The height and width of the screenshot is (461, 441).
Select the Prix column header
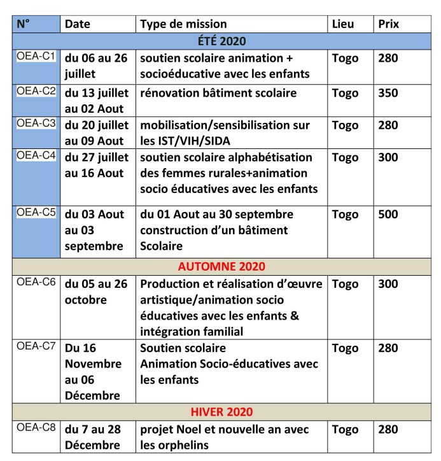tap(389, 24)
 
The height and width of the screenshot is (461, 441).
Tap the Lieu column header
tap(344, 24)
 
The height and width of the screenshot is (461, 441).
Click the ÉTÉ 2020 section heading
tap(221, 41)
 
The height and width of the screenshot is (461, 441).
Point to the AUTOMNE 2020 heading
tap(221, 266)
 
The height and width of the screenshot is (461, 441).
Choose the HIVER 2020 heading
tap(221, 412)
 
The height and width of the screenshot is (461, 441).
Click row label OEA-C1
tap(36, 57)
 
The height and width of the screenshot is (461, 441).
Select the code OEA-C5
tap(36, 213)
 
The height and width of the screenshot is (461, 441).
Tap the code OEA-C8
tap(36, 428)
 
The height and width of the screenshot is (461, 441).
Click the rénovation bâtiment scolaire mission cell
tap(218, 93)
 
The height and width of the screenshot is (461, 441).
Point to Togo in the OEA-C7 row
tap(345, 348)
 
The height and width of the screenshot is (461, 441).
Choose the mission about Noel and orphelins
tap(224, 437)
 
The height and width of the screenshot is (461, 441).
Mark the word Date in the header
tap(78, 24)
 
